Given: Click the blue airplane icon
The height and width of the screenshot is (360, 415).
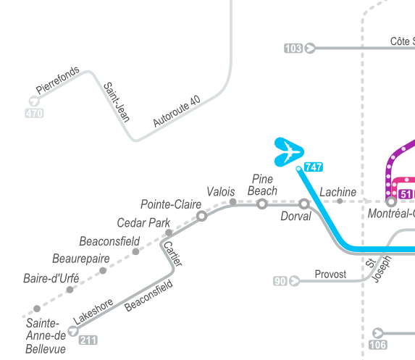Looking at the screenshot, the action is (289, 152).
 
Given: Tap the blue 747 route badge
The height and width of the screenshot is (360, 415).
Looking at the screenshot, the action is (314, 167).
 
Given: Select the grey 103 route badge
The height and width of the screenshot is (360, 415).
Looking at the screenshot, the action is (293, 49).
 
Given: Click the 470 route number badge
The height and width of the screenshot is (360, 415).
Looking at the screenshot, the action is (34, 113).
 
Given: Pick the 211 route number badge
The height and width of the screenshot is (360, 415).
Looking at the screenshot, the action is (88, 340).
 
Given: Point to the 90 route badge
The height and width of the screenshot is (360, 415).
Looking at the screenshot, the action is (280, 281).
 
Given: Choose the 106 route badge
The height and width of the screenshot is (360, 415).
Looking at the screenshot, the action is (378, 345).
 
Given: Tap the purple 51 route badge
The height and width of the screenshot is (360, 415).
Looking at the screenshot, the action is (406, 194).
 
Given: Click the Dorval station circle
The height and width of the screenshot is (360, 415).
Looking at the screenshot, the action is (304, 204).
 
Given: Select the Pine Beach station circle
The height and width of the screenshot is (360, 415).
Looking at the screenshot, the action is (262, 204).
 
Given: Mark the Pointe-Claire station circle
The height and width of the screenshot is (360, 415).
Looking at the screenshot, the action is (201, 216).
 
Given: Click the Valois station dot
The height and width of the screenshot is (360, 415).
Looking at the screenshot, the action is (233, 202).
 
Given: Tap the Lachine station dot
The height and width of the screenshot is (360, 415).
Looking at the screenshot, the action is (340, 201).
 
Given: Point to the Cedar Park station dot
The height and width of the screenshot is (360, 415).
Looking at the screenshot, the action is (169, 233).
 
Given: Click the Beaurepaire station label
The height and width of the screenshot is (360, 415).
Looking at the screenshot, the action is (81, 259).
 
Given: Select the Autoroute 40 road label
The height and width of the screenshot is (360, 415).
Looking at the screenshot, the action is (177, 111).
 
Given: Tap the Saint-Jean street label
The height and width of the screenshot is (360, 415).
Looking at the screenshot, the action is (117, 102).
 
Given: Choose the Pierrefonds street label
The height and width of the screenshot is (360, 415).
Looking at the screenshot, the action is (57, 80).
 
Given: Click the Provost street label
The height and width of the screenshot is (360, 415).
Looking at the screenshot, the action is (330, 275).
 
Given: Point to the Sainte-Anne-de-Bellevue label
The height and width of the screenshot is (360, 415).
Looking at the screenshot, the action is (46, 336).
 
